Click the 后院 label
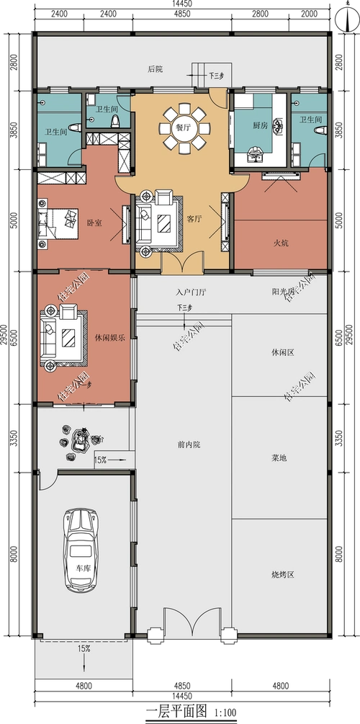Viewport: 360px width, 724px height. pos(155,69)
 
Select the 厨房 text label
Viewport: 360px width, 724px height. pos(261,125)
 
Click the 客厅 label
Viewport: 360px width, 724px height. pos(194,218)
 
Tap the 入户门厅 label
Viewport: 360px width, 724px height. pos(191,293)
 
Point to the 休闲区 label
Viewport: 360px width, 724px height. pos(280,352)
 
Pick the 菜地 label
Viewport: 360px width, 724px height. pos(279,457)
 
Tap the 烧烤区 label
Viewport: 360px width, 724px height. pos(280,574)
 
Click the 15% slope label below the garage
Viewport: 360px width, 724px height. pos(84,649)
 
